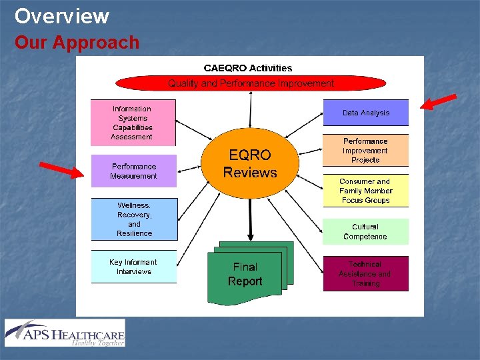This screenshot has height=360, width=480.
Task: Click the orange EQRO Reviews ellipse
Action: coord(250,164)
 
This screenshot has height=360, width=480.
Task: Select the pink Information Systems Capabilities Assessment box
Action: coord(133,123)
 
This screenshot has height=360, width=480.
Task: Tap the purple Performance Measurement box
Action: coord(134,171)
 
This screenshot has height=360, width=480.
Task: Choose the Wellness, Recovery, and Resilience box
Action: coord(135,219)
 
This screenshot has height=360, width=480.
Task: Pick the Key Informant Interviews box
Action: coord(134,267)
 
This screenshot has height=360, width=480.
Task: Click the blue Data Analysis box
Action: coord(365,113)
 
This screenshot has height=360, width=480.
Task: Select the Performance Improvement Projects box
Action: coord(365,151)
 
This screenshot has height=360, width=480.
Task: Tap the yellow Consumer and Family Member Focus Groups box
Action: coord(365,191)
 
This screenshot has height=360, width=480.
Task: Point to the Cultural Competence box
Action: coord(365,231)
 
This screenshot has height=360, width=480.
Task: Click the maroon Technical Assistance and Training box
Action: coord(365,273)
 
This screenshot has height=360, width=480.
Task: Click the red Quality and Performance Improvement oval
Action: coord(251,83)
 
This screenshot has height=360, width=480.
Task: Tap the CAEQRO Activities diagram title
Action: coord(248,68)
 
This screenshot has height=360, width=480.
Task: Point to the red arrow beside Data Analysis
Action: coord(439,101)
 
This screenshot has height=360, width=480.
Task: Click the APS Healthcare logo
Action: coord(65,333)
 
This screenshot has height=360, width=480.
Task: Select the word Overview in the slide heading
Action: coord(61,15)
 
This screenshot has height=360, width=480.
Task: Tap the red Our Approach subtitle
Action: coord(77,43)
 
